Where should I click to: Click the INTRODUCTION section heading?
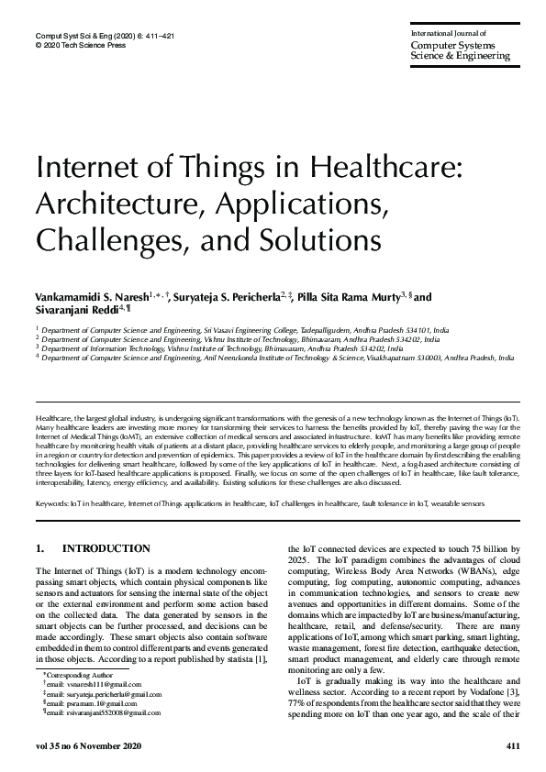point(106,549)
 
